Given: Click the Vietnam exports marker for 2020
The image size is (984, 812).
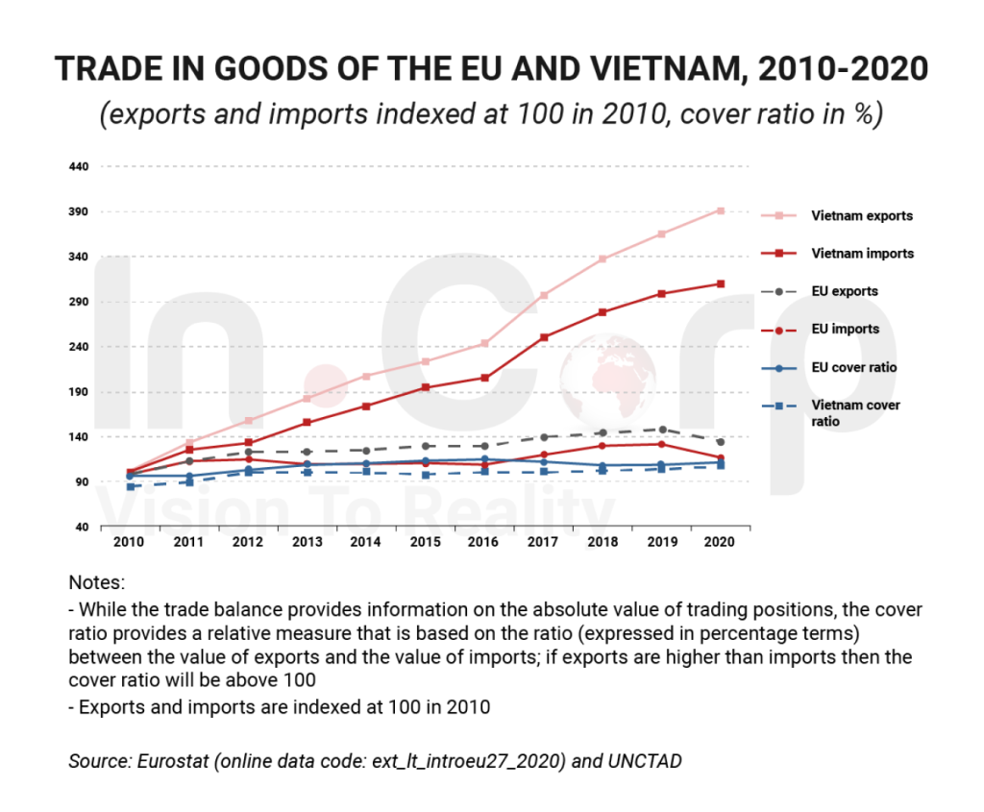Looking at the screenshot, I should (x=721, y=210).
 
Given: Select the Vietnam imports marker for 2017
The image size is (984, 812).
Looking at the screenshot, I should (x=544, y=337).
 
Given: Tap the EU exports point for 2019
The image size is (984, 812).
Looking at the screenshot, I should (x=662, y=430).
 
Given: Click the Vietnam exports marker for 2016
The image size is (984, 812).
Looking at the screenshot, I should (x=484, y=343).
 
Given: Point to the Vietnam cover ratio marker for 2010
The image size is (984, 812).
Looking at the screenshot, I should (x=129, y=486).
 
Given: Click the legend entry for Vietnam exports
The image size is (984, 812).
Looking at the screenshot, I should (x=861, y=216).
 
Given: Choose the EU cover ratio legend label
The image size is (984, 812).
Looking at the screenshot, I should (x=853, y=367).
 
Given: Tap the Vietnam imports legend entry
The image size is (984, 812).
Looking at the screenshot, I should (x=861, y=254).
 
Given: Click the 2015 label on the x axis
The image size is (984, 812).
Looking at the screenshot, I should (x=425, y=542).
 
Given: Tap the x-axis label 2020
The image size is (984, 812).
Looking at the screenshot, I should (x=720, y=542).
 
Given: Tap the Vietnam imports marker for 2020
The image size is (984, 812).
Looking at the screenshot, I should (x=721, y=283).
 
